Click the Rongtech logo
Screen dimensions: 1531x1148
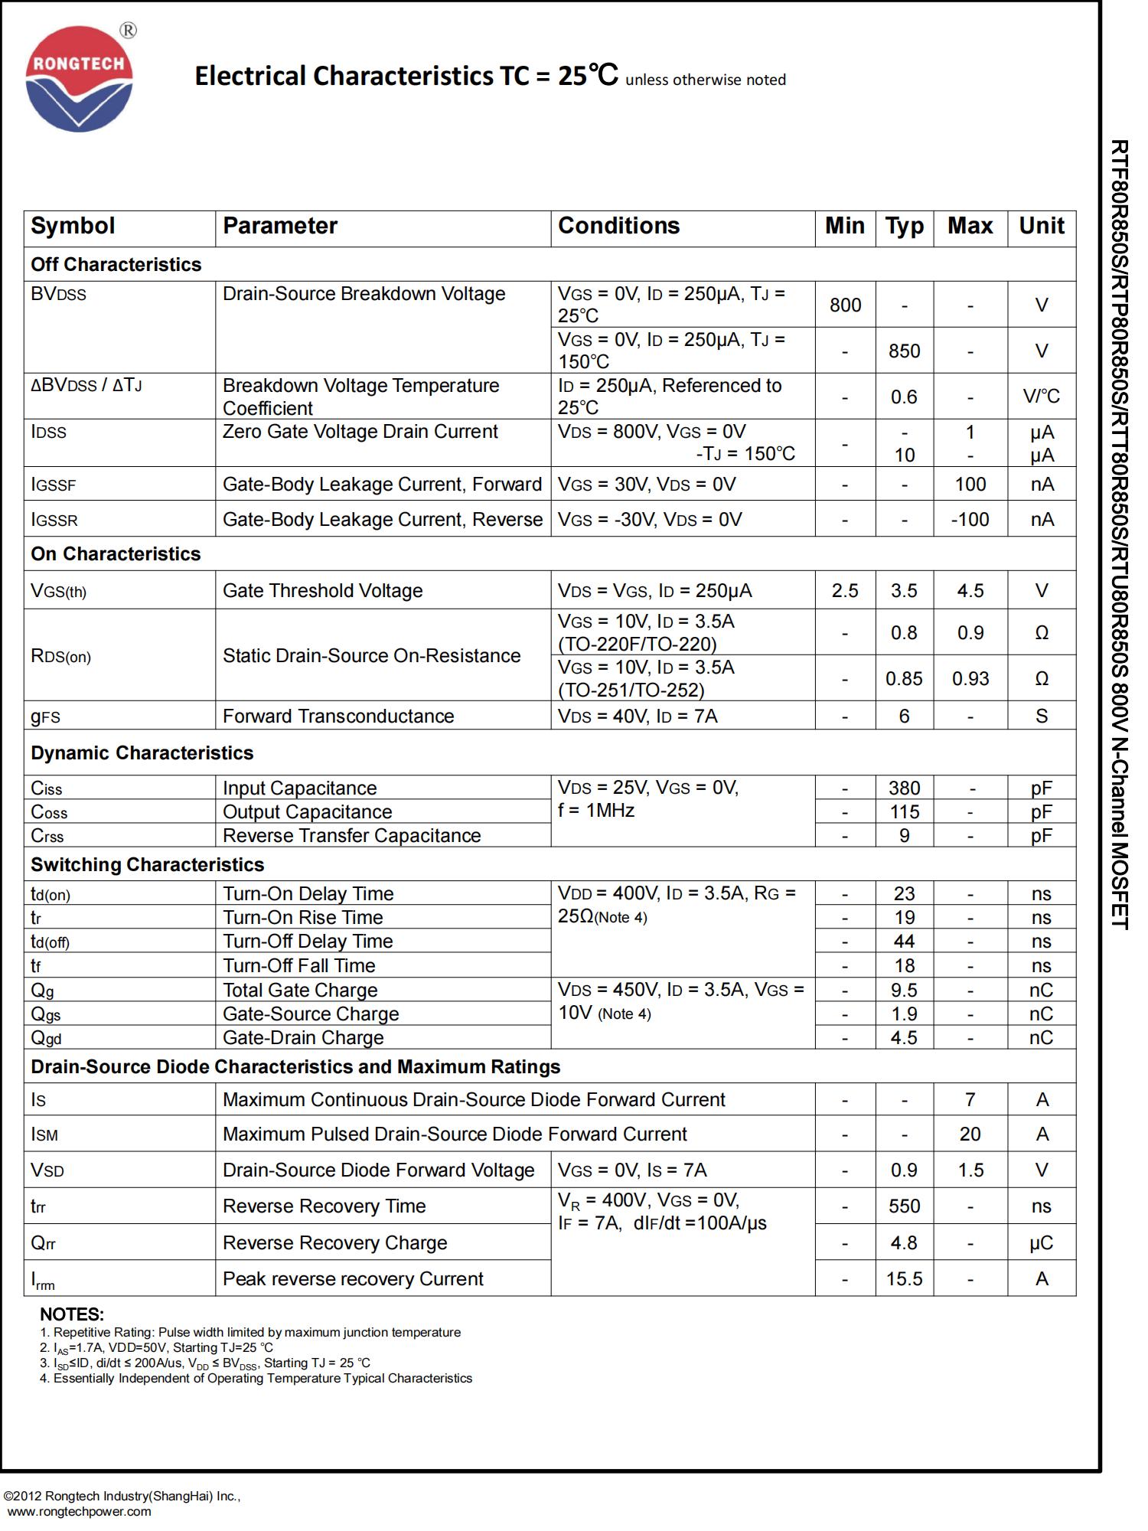tap(80, 80)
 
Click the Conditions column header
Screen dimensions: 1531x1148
tap(618, 226)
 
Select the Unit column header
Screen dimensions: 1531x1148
tap(1041, 226)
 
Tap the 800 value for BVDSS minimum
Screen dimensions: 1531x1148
tap(845, 305)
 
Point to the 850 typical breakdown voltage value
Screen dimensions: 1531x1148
tap(904, 351)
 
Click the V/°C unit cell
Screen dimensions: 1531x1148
tap(1041, 397)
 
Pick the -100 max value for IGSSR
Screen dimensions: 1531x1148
tap(970, 520)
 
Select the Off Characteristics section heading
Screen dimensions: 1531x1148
tap(116, 265)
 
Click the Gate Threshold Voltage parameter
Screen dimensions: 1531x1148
tap(322, 591)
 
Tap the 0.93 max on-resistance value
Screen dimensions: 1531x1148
tap(970, 679)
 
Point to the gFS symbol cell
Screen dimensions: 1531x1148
tap(45, 717)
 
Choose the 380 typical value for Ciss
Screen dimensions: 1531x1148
tap(904, 788)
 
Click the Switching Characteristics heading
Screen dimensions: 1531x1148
tap(147, 865)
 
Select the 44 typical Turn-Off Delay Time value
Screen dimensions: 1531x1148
tap(904, 942)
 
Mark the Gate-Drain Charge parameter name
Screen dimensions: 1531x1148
tap(303, 1038)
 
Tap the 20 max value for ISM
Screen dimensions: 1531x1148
tap(970, 1134)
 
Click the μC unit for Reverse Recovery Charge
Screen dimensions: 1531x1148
tap(1041, 1243)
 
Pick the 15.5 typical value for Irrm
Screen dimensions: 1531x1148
tap(904, 1279)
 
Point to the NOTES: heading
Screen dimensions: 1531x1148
tap(72, 1314)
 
